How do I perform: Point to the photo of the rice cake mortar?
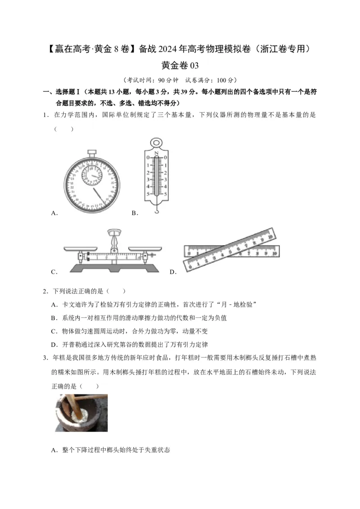click(x=81, y=413)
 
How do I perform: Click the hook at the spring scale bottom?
click(x=156, y=210)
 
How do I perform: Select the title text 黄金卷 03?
click(x=180, y=66)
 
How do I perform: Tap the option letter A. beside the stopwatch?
click(x=55, y=213)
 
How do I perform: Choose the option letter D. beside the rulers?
click(x=173, y=272)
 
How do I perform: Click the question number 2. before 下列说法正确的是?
click(x=45, y=291)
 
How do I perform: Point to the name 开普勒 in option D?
click(x=72, y=345)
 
